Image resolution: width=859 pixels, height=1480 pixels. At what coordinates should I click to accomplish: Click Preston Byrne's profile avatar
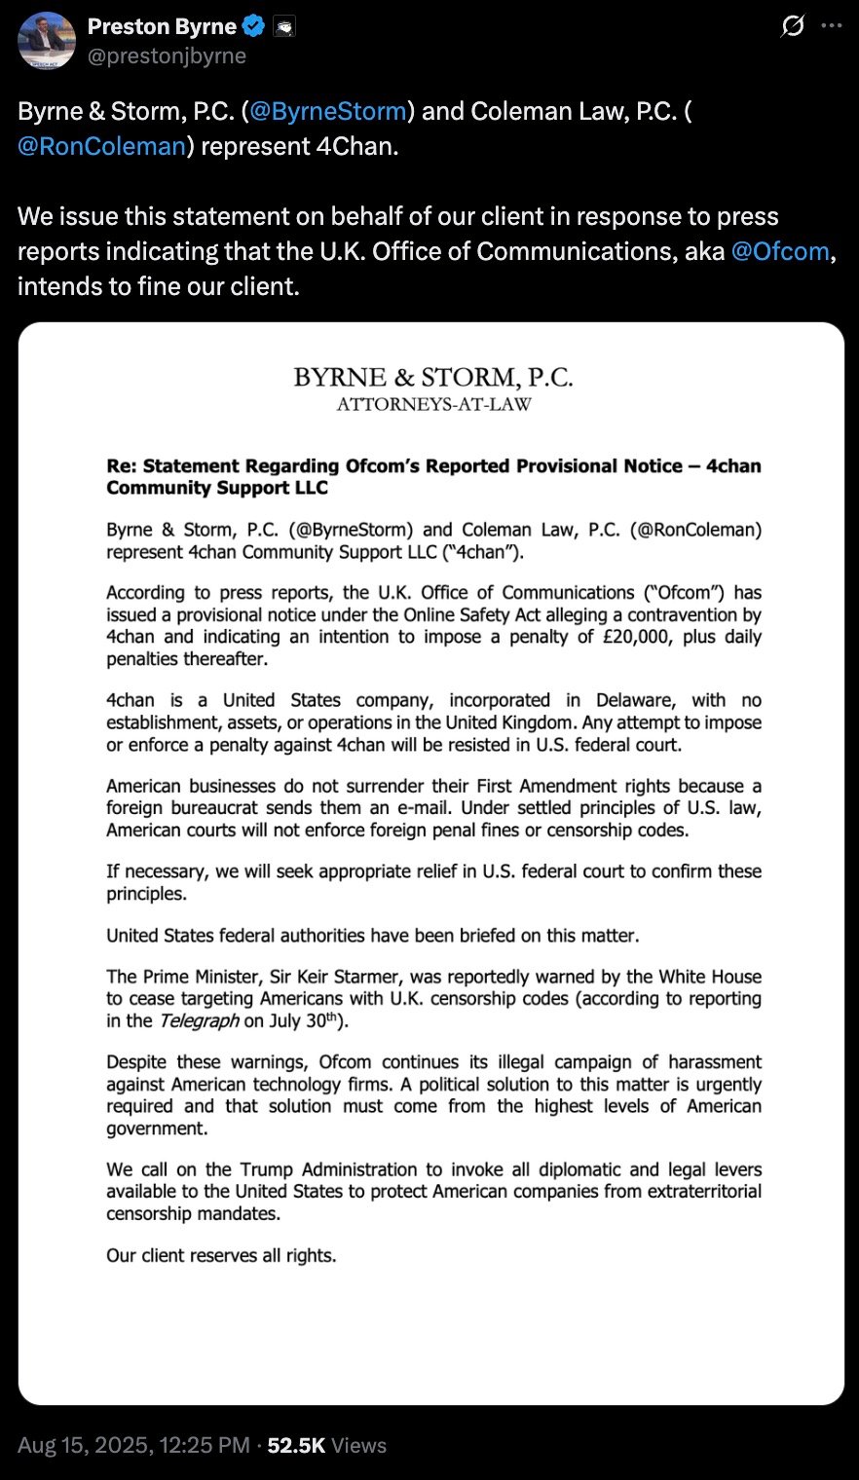(47, 41)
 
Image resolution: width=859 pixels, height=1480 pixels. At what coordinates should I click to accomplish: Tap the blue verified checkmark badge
(254, 27)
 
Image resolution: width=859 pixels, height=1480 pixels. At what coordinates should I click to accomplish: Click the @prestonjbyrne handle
(167, 56)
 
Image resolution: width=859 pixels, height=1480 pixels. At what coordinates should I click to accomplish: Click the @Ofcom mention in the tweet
(779, 251)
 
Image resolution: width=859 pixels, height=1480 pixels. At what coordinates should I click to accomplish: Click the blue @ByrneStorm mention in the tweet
(328, 111)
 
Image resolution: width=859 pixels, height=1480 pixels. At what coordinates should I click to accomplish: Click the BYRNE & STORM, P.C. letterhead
(433, 377)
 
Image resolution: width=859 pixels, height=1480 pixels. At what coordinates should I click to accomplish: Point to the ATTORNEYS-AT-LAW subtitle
(433, 404)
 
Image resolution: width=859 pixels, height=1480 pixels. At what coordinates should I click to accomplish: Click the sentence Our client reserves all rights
(221, 1256)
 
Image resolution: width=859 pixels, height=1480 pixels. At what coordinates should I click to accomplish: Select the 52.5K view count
(296, 1446)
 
